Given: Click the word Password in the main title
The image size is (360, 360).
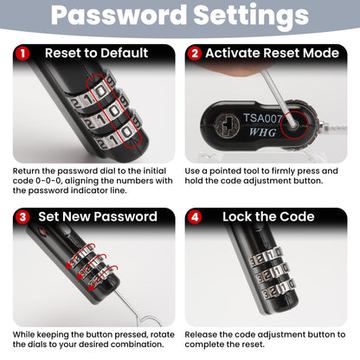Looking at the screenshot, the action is (119, 15).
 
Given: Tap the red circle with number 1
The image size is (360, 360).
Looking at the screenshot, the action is (22, 54).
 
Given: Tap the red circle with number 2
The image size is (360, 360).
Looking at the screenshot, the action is (195, 54).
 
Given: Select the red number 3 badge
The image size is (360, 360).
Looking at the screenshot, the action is (22, 217).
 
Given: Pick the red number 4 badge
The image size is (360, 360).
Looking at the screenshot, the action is (195, 217).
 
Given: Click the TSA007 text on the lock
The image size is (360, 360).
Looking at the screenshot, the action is (262, 119).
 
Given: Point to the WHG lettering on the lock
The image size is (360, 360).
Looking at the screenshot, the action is (263, 132).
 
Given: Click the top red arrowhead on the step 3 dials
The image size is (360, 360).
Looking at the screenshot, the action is (69, 265).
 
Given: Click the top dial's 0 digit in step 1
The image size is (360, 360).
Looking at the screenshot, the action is (101, 91).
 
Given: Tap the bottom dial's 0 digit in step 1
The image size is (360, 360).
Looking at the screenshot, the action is (126, 132).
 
